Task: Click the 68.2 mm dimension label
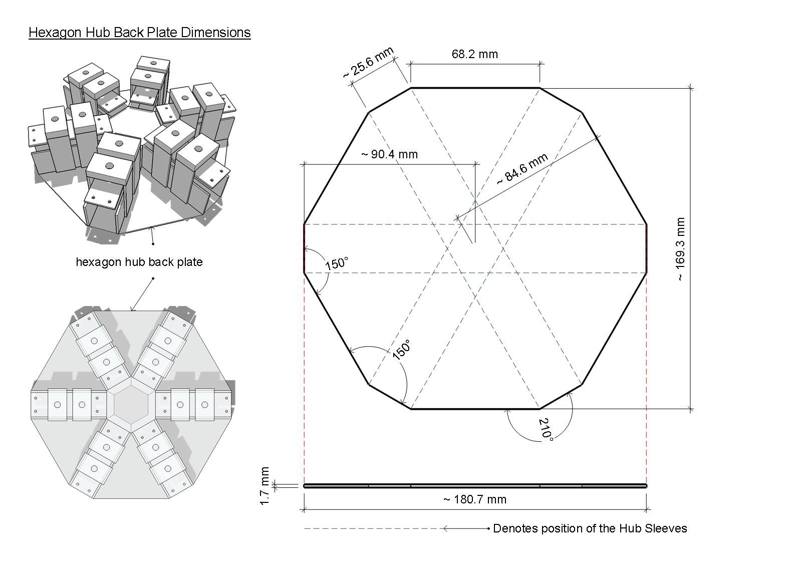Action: pyautogui.click(x=474, y=54)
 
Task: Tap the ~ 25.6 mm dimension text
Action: pyautogui.click(x=368, y=63)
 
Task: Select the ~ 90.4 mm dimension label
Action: pyautogui.click(x=389, y=154)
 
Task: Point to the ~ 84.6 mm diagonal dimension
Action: pyautogui.click(x=522, y=169)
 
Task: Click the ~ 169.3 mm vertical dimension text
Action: pyautogui.click(x=680, y=249)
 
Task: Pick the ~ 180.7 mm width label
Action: pyautogui.click(x=474, y=499)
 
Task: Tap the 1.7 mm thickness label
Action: pyautogui.click(x=265, y=486)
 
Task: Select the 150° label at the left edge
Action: pyautogui.click(x=337, y=263)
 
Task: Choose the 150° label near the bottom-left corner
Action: pyautogui.click(x=401, y=349)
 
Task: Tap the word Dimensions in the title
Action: pyautogui.click(x=215, y=33)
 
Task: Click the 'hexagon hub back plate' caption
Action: pyautogui.click(x=139, y=262)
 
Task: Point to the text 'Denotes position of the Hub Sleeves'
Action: pyautogui.click(x=590, y=528)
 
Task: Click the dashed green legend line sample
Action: pyautogui.click(x=371, y=528)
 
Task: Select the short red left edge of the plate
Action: pyautogui.click(x=305, y=248)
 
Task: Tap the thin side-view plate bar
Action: pyautogui.click(x=474, y=486)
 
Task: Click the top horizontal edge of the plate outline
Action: pyautogui.click(x=475, y=88)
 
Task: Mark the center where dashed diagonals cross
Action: pyautogui.click(x=475, y=248)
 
